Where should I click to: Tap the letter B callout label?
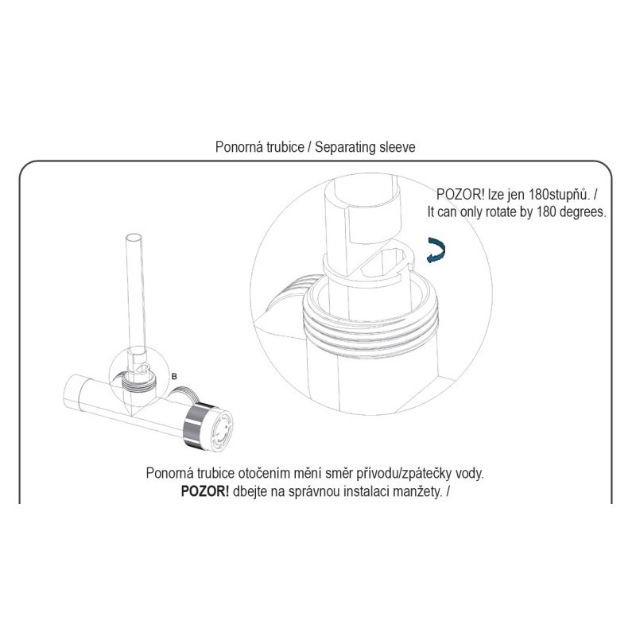174,376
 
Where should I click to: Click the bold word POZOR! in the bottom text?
205,491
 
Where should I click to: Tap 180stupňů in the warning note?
559,194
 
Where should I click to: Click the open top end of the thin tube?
134,238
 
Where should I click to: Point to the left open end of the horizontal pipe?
72,393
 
